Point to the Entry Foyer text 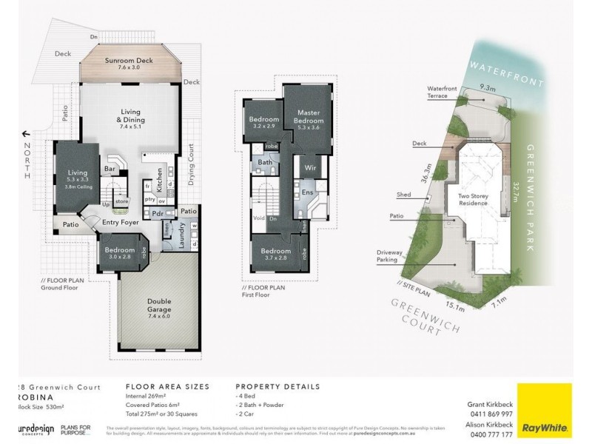click(x=121, y=222)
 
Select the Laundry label click(x=180, y=240)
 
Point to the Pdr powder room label click(x=157, y=214)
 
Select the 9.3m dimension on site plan click(x=487, y=87)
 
